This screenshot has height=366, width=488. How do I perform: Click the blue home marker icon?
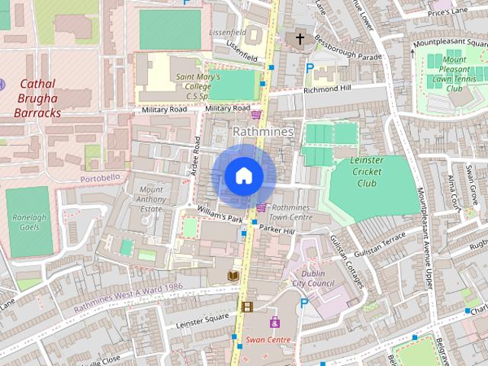[x=243, y=176]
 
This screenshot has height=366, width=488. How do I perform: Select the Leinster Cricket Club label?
[x=366, y=172]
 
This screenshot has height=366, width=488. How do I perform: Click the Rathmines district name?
[x=262, y=132]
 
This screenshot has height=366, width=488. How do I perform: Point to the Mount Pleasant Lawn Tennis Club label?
[x=454, y=74]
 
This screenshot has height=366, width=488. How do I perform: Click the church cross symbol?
[x=300, y=37]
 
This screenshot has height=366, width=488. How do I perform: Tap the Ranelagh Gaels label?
[x=30, y=222]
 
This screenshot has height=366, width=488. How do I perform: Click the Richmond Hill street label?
[x=327, y=89]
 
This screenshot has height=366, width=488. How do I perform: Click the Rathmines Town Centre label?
[x=292, y=212]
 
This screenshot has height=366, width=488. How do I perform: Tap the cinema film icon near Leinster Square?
[x=246, y=307]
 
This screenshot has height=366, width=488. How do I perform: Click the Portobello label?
[x=100, y=178]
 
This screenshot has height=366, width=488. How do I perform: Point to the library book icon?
[x=233, y=275]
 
